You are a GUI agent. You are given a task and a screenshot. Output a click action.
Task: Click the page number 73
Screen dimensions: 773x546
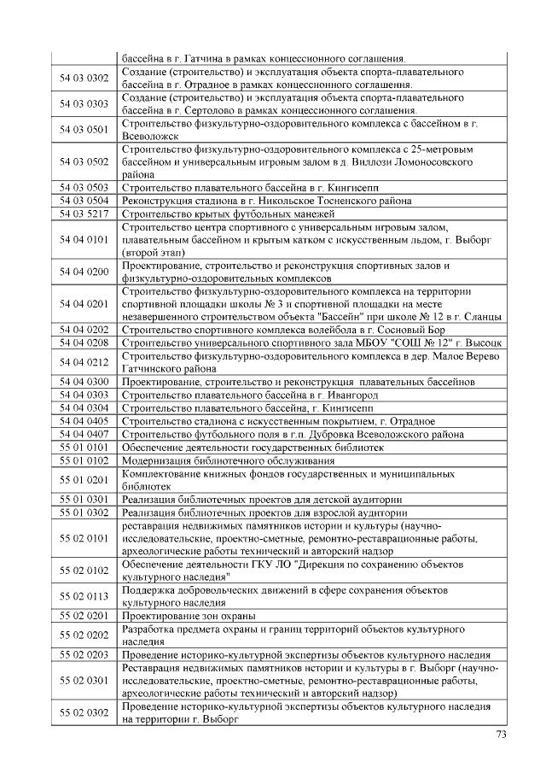point(501,735)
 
